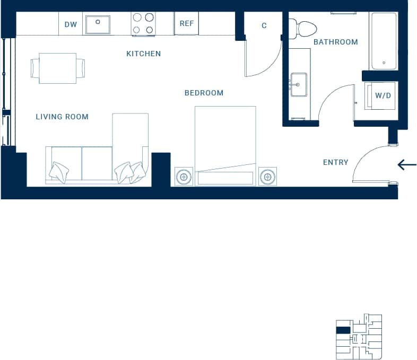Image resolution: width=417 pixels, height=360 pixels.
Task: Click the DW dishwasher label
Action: [71, 24]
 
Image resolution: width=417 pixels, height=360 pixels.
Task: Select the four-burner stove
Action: [143, 24]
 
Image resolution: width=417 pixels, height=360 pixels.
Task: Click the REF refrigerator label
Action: [186, 24]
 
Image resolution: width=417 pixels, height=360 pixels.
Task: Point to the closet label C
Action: [264, 25]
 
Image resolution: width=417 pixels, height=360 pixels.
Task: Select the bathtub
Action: [384, 41]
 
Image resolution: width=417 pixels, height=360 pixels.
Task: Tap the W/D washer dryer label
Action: [383, 96]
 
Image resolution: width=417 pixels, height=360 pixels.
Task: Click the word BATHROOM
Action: [335, 42]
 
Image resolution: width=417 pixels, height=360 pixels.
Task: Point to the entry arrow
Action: [407, 165]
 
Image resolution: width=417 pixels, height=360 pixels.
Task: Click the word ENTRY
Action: [335, 162]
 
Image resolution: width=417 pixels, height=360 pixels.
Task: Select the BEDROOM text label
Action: [204, 93]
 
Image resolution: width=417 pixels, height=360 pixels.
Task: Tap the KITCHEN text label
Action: [143, 54]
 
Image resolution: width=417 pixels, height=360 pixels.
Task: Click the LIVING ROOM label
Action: [62, 117]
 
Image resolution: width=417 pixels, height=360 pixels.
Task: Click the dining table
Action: [58, 68]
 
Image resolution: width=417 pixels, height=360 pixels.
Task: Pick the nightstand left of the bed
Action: [184, 176]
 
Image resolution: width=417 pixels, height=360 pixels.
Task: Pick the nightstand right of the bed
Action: [267, 176]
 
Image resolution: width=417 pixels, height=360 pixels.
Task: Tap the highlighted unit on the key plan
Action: [343, 330]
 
